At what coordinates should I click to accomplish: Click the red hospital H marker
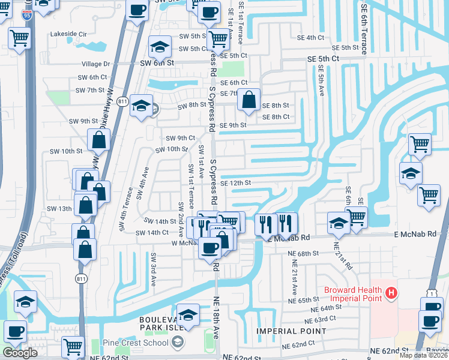coord(391,293)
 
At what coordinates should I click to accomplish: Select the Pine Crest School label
coord(139,343)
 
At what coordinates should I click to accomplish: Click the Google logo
coord(20,353)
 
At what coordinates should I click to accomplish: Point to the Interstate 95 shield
coord(26,15)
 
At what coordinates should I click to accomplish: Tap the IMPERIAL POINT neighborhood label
coord(291,331)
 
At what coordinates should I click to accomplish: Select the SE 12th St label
coord(235,183)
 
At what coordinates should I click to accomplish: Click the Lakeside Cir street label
coord(68,34)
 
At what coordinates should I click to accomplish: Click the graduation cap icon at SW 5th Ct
coord(160,46)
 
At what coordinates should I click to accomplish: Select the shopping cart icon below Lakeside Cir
coord(20,39)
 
